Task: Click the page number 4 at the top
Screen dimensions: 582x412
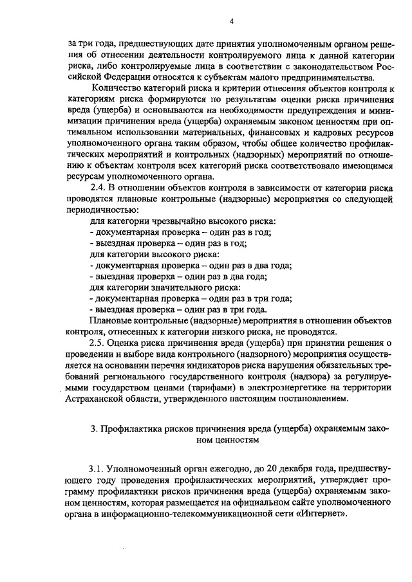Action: [231, 22]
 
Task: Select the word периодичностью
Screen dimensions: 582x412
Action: [102, 210]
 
